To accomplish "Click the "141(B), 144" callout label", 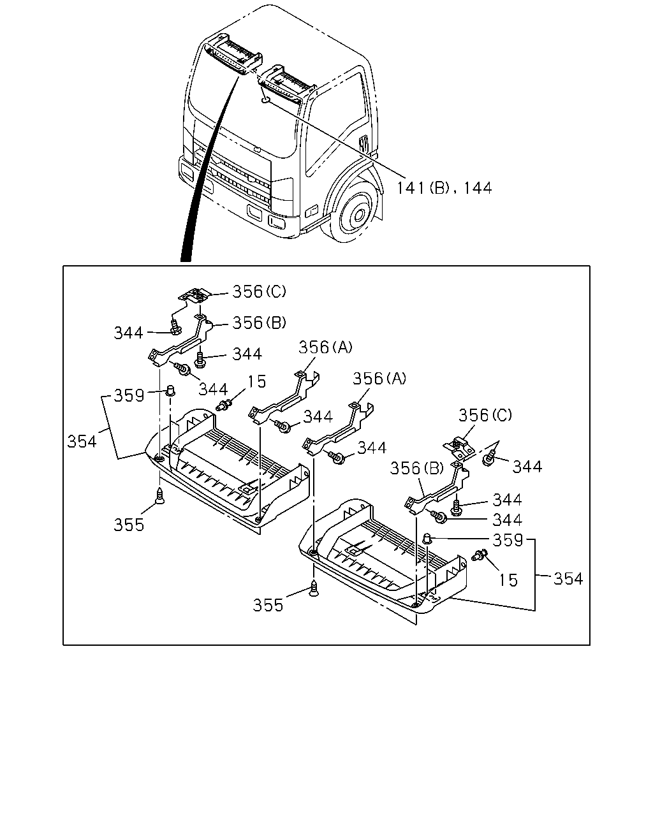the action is (444, 188).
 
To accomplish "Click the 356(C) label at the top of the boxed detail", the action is (259, 291).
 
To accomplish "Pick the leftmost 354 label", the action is (82, 441).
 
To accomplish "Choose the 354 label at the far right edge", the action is (568, 579).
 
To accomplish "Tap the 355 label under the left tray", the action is (129, 525).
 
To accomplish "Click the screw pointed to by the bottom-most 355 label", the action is (313, 588).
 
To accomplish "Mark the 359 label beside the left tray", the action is (129, 395).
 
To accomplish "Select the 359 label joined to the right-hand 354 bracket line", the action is (508, 540).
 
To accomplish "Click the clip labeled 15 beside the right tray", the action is (479, 555).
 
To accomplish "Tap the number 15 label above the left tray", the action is (257, 381).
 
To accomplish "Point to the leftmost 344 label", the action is (129, 333).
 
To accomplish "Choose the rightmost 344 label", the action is (527, 467).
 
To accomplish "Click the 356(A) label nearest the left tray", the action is (326, 347).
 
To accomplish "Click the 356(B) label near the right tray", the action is (417, 469).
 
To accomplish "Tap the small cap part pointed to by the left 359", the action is (170, 390).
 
